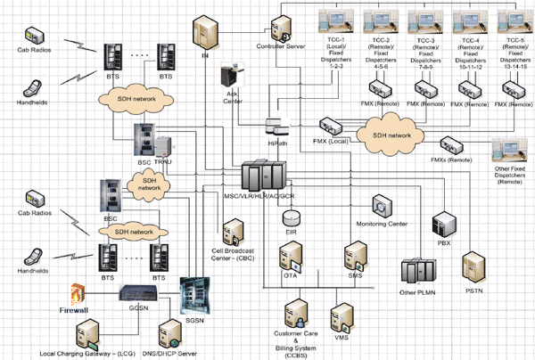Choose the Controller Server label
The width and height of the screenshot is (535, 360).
(x=283, y=45)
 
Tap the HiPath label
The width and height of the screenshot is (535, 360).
(x=279, y=141)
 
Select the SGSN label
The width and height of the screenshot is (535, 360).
(x=193, y=319)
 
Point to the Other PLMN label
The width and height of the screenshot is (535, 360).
(x=419, y=292)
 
